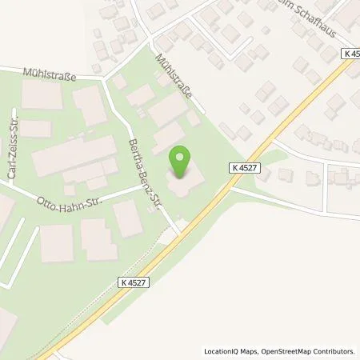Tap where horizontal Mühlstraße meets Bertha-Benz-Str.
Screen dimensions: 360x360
point(104,78)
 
